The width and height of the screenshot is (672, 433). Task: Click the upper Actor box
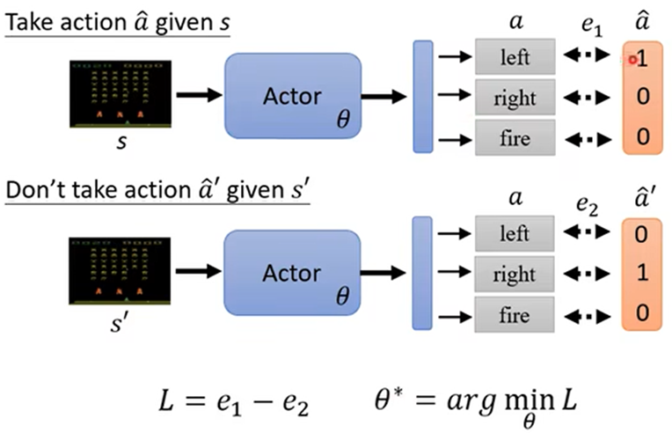point(293,96)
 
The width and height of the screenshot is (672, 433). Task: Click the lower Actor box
point(293,273)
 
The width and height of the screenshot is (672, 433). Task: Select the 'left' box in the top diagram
point(515,58)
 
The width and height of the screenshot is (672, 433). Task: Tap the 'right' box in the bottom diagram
point(515,275)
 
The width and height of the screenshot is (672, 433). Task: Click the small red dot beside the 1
point(632,59)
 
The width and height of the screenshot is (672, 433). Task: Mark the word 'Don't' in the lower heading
point(33,189)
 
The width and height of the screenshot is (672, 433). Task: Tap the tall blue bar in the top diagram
point(422,96)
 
